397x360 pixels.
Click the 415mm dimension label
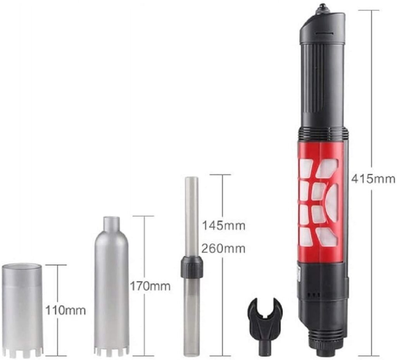(x=373, y=179)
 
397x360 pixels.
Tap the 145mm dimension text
(x=224, y=225)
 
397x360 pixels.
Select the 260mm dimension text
(x=224, y=249)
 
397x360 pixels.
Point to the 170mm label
(x=150, y=286)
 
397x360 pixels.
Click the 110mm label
(x=65, y=310)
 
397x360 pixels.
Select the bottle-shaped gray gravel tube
(x=111, y=286)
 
